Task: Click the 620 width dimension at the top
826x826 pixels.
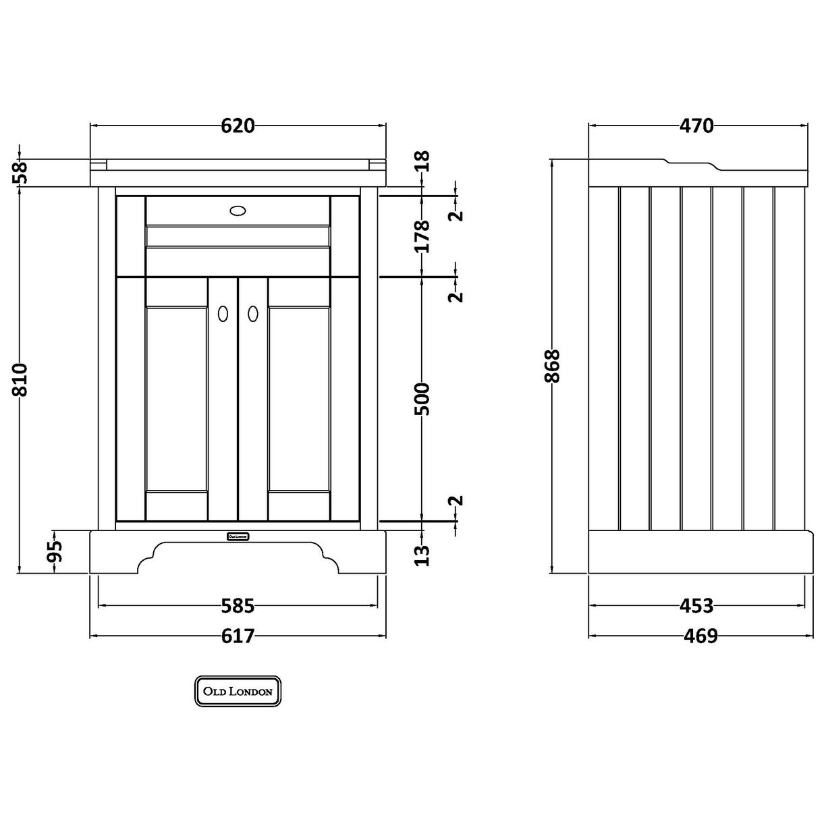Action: pos(238,126)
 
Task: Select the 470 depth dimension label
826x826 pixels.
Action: pos(696,126)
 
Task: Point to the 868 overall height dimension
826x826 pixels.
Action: pos(552,366)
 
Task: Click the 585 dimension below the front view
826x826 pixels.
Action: pos(238,606)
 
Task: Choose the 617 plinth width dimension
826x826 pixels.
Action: pos(238,636)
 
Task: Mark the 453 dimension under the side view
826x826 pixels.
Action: pos(696,606)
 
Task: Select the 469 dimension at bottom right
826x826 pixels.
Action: pos(696,636)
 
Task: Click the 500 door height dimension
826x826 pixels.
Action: pos(422,398)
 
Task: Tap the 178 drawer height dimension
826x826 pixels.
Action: pos(422,236)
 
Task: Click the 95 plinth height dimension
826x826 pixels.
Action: pos(55,552)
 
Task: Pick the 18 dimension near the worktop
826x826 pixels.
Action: pos(422,161)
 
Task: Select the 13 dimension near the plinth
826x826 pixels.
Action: pos(422,554)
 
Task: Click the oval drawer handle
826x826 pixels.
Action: pos(238,210)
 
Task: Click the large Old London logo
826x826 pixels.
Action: pos(238,691)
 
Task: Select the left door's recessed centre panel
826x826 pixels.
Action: pos(176,398)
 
